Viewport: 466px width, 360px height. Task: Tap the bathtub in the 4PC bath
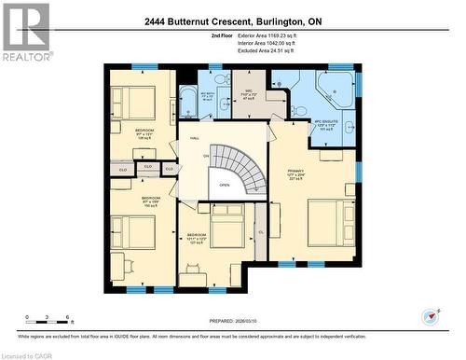click(188, 103)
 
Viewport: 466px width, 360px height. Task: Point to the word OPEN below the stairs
click(225, 185)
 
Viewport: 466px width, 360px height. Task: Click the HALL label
click(195, 138)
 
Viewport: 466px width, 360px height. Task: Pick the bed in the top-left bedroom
click(133, 100)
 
